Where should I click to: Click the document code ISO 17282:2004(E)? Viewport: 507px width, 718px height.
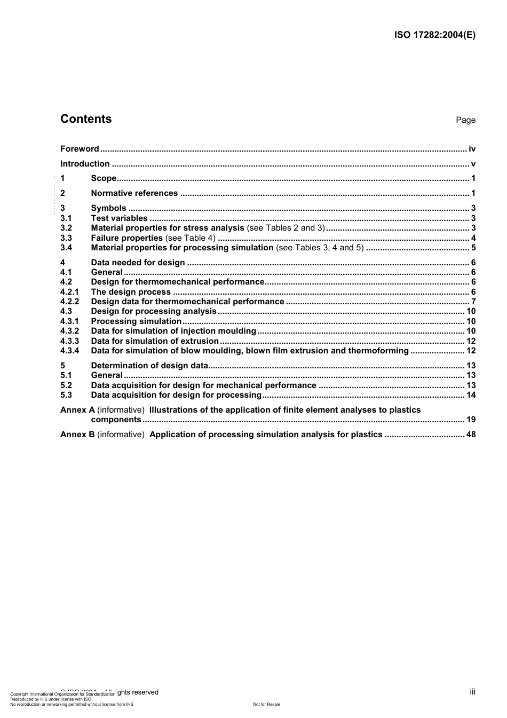coord(434,35)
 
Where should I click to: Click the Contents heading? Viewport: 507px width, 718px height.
coord(86,119)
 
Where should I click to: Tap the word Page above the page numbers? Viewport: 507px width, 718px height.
coord(465,120)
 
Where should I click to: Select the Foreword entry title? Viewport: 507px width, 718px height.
coord(80,149)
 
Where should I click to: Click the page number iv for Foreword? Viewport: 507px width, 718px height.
coord(472,149)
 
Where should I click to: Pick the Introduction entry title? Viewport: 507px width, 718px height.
coord(85,164)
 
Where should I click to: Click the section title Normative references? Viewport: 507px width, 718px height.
coord(134,193)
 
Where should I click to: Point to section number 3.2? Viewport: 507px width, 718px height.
coord(66,228)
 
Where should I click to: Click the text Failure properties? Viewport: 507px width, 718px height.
coord(126,238)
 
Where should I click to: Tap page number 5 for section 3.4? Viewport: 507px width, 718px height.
coord(473,248)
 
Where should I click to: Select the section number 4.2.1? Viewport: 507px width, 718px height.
coord(69,292)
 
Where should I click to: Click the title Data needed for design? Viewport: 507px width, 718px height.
coord(138,263)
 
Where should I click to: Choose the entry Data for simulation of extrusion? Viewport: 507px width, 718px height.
coord(155,341)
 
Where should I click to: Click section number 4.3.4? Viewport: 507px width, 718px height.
coord(69,351)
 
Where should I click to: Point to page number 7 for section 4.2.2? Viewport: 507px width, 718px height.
coord(473,302)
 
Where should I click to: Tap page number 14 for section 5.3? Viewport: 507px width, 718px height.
coord(471,395)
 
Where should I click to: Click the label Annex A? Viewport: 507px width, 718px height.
coord(77,410)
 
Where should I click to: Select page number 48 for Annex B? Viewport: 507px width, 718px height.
coord(471,435)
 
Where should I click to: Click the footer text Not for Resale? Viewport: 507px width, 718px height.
coord(266,704)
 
